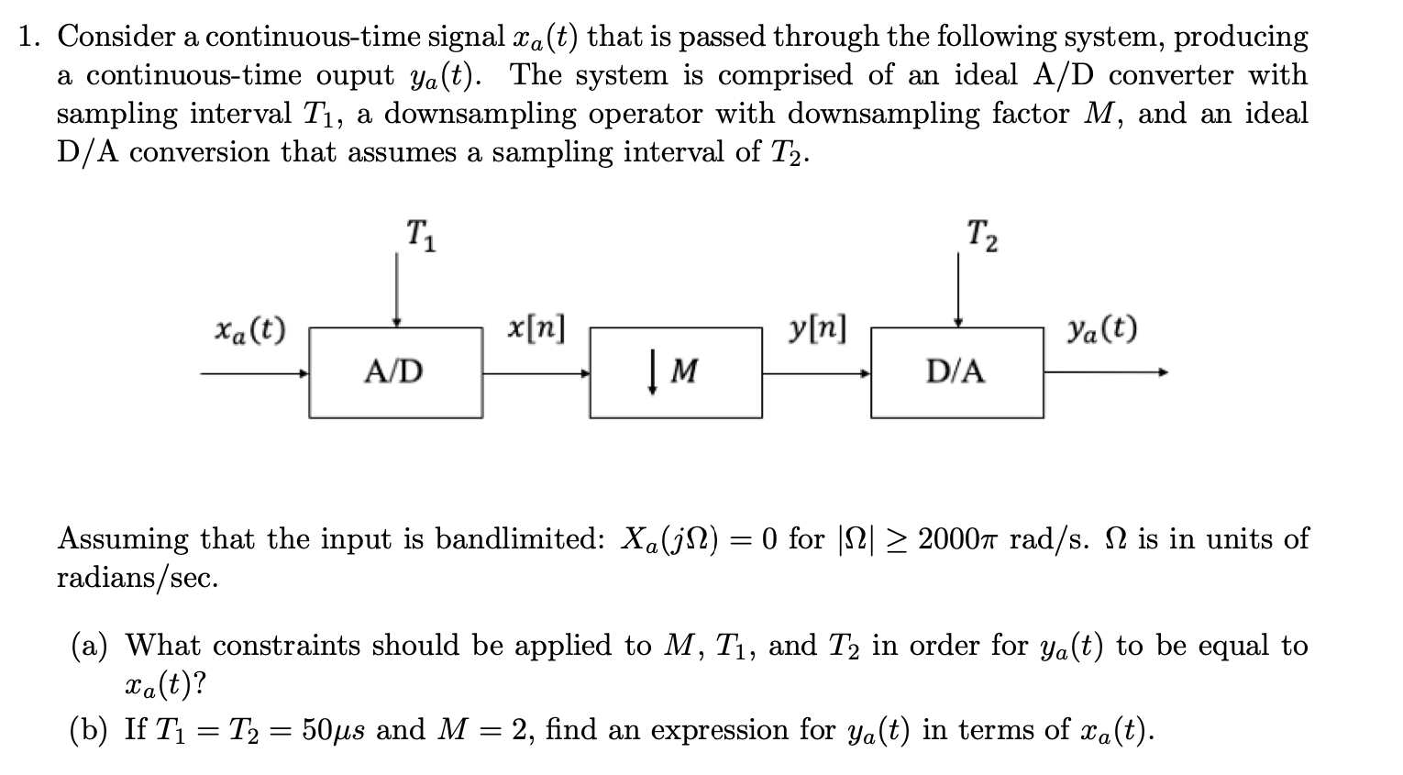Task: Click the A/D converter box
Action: (x=395, y=371)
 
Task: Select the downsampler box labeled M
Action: (x=675, y=371)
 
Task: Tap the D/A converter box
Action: (x=956, y=371)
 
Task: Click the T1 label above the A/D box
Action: (x=421, y=235)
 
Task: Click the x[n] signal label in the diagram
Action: (x=536, y=327)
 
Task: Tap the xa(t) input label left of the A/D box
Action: (x=249, y=327)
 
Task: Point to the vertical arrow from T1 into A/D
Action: (x=396, y=289)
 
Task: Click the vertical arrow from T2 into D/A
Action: (x=958, y=289)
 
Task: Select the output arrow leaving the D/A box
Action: (x=1105, y=372)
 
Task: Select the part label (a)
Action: (x=90, y=646)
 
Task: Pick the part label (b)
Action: (x=90, y=730)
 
